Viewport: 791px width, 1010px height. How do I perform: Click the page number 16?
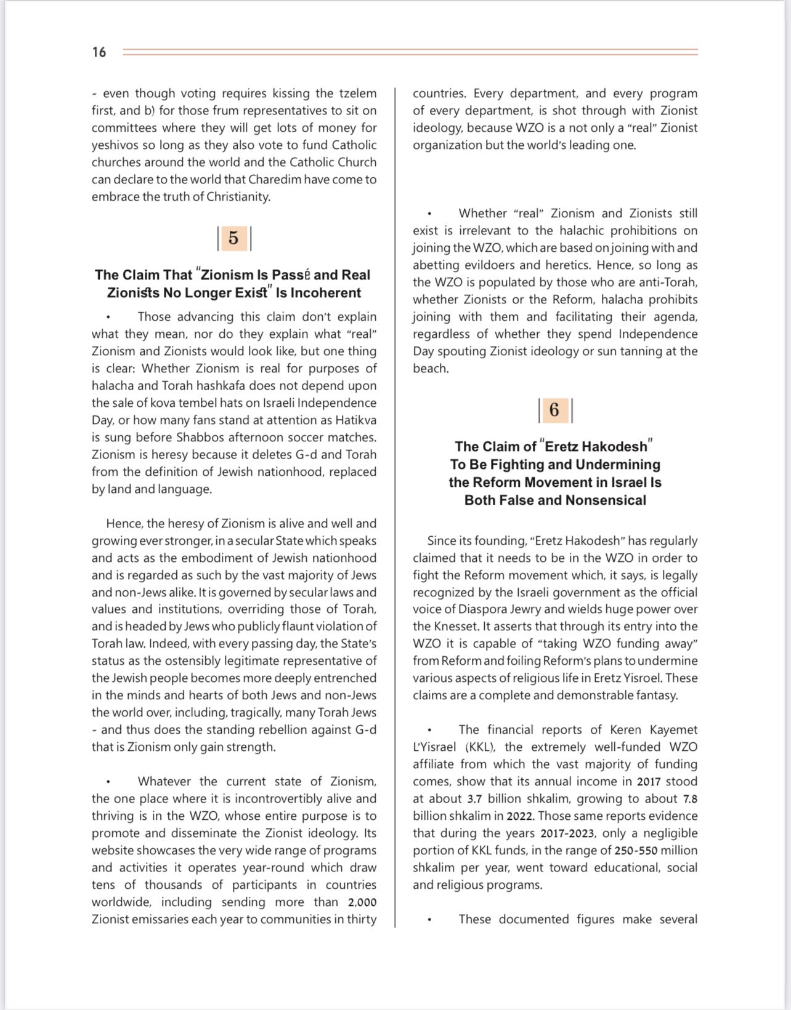(99, 52)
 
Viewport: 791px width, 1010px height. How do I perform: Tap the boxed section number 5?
(233, 238)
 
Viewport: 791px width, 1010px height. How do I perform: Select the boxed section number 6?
(554, 410)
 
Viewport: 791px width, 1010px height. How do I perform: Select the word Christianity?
(238, 197)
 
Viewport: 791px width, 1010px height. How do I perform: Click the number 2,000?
(362, 902)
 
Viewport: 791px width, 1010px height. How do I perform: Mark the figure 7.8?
(690, 799)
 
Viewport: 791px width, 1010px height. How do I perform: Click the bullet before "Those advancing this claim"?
(108, 318)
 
